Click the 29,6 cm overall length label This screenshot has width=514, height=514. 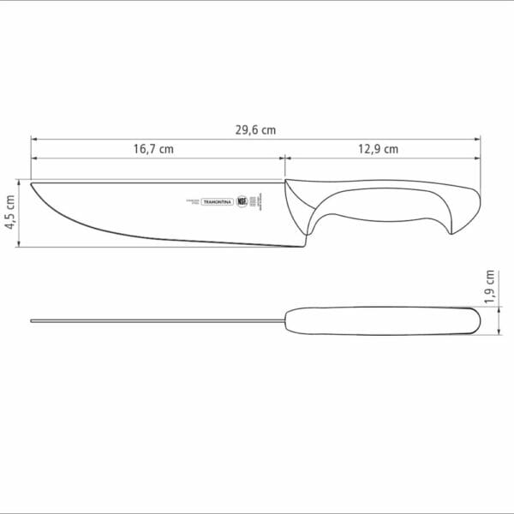coord(256,129)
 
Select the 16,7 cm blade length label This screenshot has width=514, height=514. coord(153,148)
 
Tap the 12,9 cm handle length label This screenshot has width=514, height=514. coord(378,148)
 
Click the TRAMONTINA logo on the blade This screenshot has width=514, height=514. coord(217,201)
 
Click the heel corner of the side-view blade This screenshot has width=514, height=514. coord(302,245)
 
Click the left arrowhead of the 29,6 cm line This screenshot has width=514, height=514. coord(33,136)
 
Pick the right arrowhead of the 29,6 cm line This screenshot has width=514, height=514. coord(476,136)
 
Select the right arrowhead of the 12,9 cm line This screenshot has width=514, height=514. coord(476,158)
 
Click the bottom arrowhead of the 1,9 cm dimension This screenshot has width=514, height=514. coord(500,334)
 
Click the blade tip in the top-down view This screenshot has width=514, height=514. coord(33,322)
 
